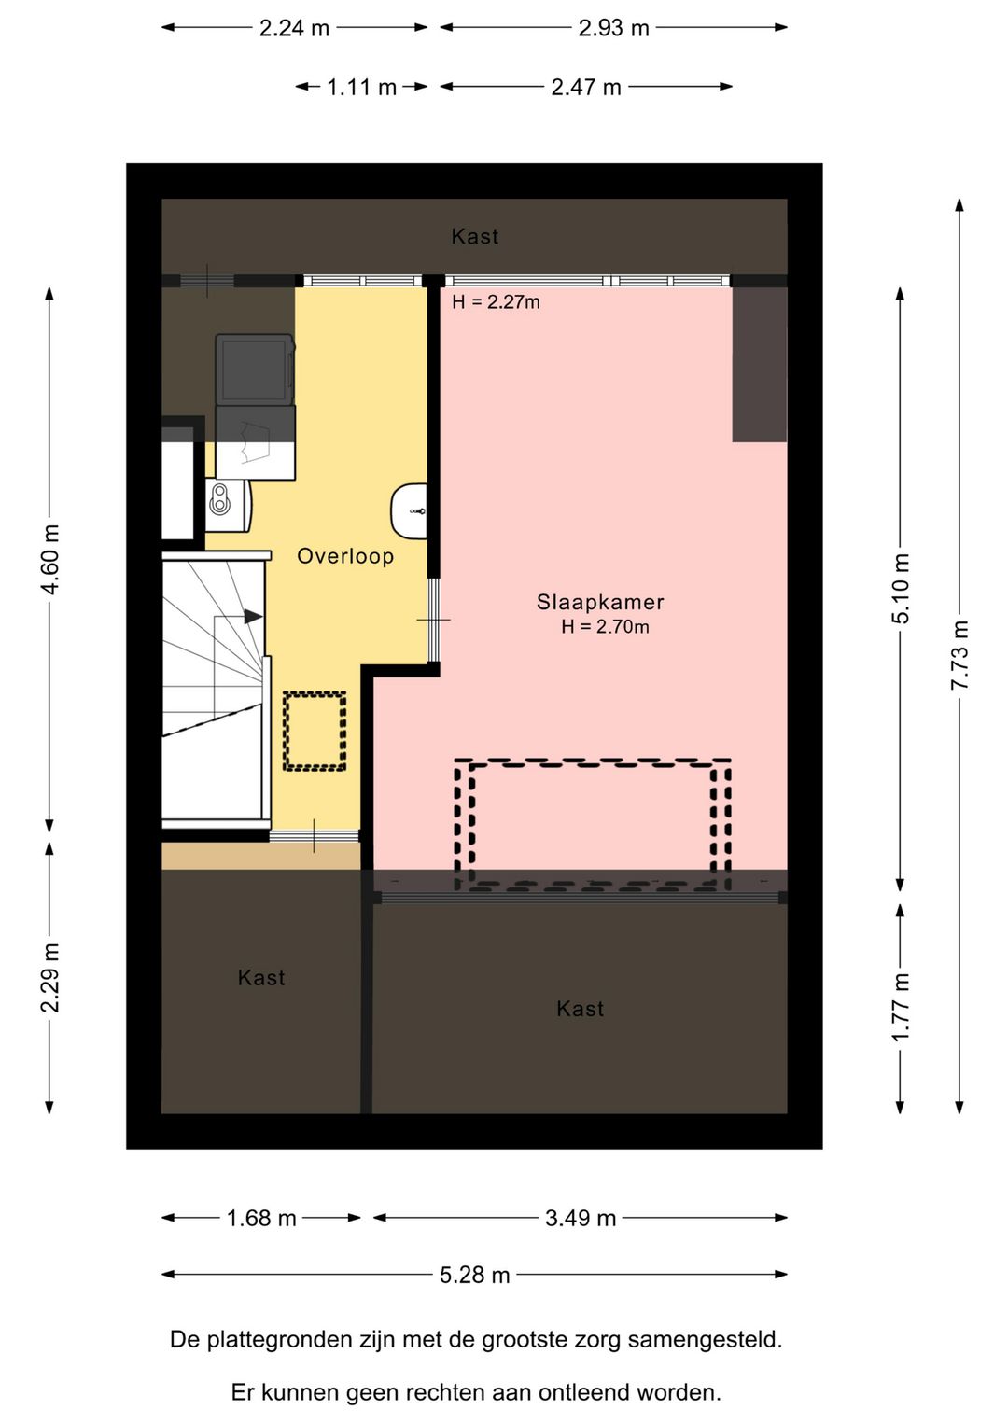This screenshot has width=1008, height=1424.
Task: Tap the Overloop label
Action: point(345,556)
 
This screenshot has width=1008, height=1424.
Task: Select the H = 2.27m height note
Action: point(496,302)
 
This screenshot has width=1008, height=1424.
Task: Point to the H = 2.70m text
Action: point(605,627)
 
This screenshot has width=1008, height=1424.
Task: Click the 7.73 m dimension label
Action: point(959,655)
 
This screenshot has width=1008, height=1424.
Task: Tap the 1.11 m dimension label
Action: point(361,87)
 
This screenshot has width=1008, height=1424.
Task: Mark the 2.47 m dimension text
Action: point(586,87)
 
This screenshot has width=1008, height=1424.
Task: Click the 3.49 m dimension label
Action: point(581,1218)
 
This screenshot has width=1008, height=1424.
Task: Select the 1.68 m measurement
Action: point(261,1218)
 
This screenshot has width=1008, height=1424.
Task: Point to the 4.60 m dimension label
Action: point(49,560)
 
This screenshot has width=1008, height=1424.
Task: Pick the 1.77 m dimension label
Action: point(901,1007)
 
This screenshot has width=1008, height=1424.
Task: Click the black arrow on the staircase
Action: point(253,616)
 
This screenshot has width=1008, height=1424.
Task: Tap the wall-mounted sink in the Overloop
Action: point(408,510)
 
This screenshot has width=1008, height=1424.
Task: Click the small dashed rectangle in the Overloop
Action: point(315,731)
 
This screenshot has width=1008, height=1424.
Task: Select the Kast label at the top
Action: point(475,236)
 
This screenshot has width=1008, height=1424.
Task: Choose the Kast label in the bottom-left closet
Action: point(261,978)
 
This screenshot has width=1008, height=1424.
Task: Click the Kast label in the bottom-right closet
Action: point(580,1009)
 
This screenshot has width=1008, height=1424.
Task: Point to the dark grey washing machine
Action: point(255,370)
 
